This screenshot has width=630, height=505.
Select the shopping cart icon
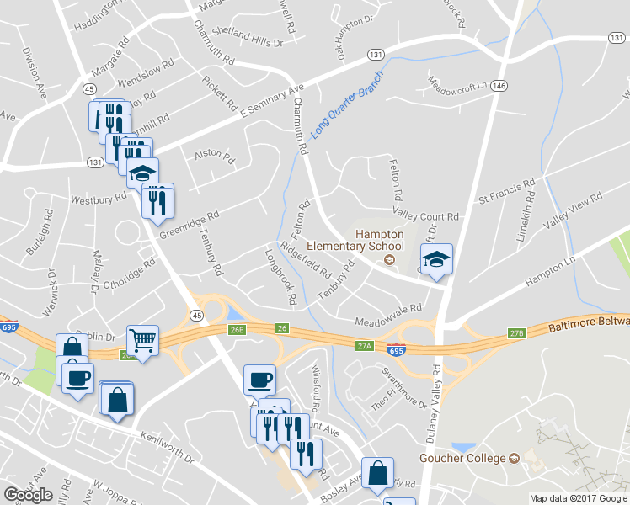(142, 340)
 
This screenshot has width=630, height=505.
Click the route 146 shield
(500, 86)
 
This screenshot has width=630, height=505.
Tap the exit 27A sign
(364, 345)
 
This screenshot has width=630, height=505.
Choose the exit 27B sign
(516, 334)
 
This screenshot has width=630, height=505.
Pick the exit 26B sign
(237, 330)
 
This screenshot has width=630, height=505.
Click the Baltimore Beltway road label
(588, 323)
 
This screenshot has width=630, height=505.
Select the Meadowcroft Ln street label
(458, 85)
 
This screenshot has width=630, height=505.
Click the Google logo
(28, 495)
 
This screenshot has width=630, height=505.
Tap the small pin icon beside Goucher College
(514, 459)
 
